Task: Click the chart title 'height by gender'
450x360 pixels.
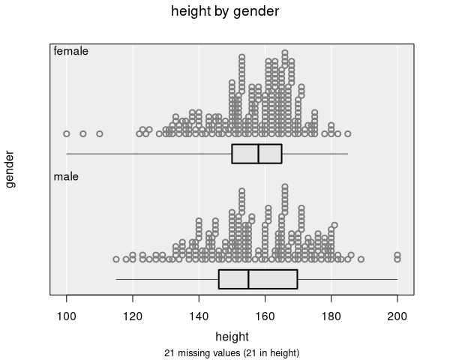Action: point(225,11)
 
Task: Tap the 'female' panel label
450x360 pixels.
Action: point(71,52)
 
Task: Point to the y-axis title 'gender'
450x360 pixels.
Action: point(10,169)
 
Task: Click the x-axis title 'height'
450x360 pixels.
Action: point(232,335)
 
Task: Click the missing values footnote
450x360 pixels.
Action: point(232,352)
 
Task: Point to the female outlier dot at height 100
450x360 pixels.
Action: point(67,133)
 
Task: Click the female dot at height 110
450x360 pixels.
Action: point(100,133)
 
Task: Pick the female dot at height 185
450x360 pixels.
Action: point(347,133)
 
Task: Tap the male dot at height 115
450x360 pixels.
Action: point(116,259)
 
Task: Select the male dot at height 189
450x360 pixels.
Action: point(361,259)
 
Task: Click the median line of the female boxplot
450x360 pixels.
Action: point(259,153)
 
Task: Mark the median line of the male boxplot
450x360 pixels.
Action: point(248,279)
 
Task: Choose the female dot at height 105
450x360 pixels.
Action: point(83,133)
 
